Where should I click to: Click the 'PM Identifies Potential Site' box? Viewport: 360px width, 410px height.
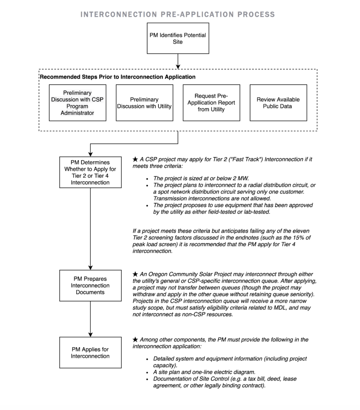pyautogui.click(x=178, y=38)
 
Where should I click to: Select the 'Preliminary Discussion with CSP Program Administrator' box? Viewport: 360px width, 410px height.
pyautogui.click(x=78, y=103)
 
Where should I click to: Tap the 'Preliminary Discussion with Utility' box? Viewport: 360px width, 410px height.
pyautogui.click(x=144, y=103)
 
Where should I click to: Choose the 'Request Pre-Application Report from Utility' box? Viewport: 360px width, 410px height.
pyautogui.click(x=211, y=103)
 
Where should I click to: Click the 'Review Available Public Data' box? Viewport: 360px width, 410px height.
pyautogui.click(x=278, y=103)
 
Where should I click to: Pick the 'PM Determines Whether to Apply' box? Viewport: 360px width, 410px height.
pyautogui.click(x=90, y=172)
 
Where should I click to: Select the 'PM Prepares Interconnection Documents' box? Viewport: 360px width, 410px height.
pyautogui.click(x=90, y=285)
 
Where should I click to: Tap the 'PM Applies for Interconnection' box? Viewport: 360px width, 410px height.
pyautogui.click(x=90, y=353)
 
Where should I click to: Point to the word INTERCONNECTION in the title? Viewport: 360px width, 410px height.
pyautogui.click(x=117, y=15)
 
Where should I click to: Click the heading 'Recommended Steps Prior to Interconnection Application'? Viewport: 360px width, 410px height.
pyautogui.click(x=117, y=76)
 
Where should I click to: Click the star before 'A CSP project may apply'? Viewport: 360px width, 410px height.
pyautogui.click(x=135, y=159)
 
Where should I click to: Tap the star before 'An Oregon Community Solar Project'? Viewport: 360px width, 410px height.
pyautogui.click(x=135, y=274)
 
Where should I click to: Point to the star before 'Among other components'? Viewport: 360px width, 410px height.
pyautogui.click(x=135, y=340)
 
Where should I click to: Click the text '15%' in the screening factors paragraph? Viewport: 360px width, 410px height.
pyautogui.click(x=292, y=238)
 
